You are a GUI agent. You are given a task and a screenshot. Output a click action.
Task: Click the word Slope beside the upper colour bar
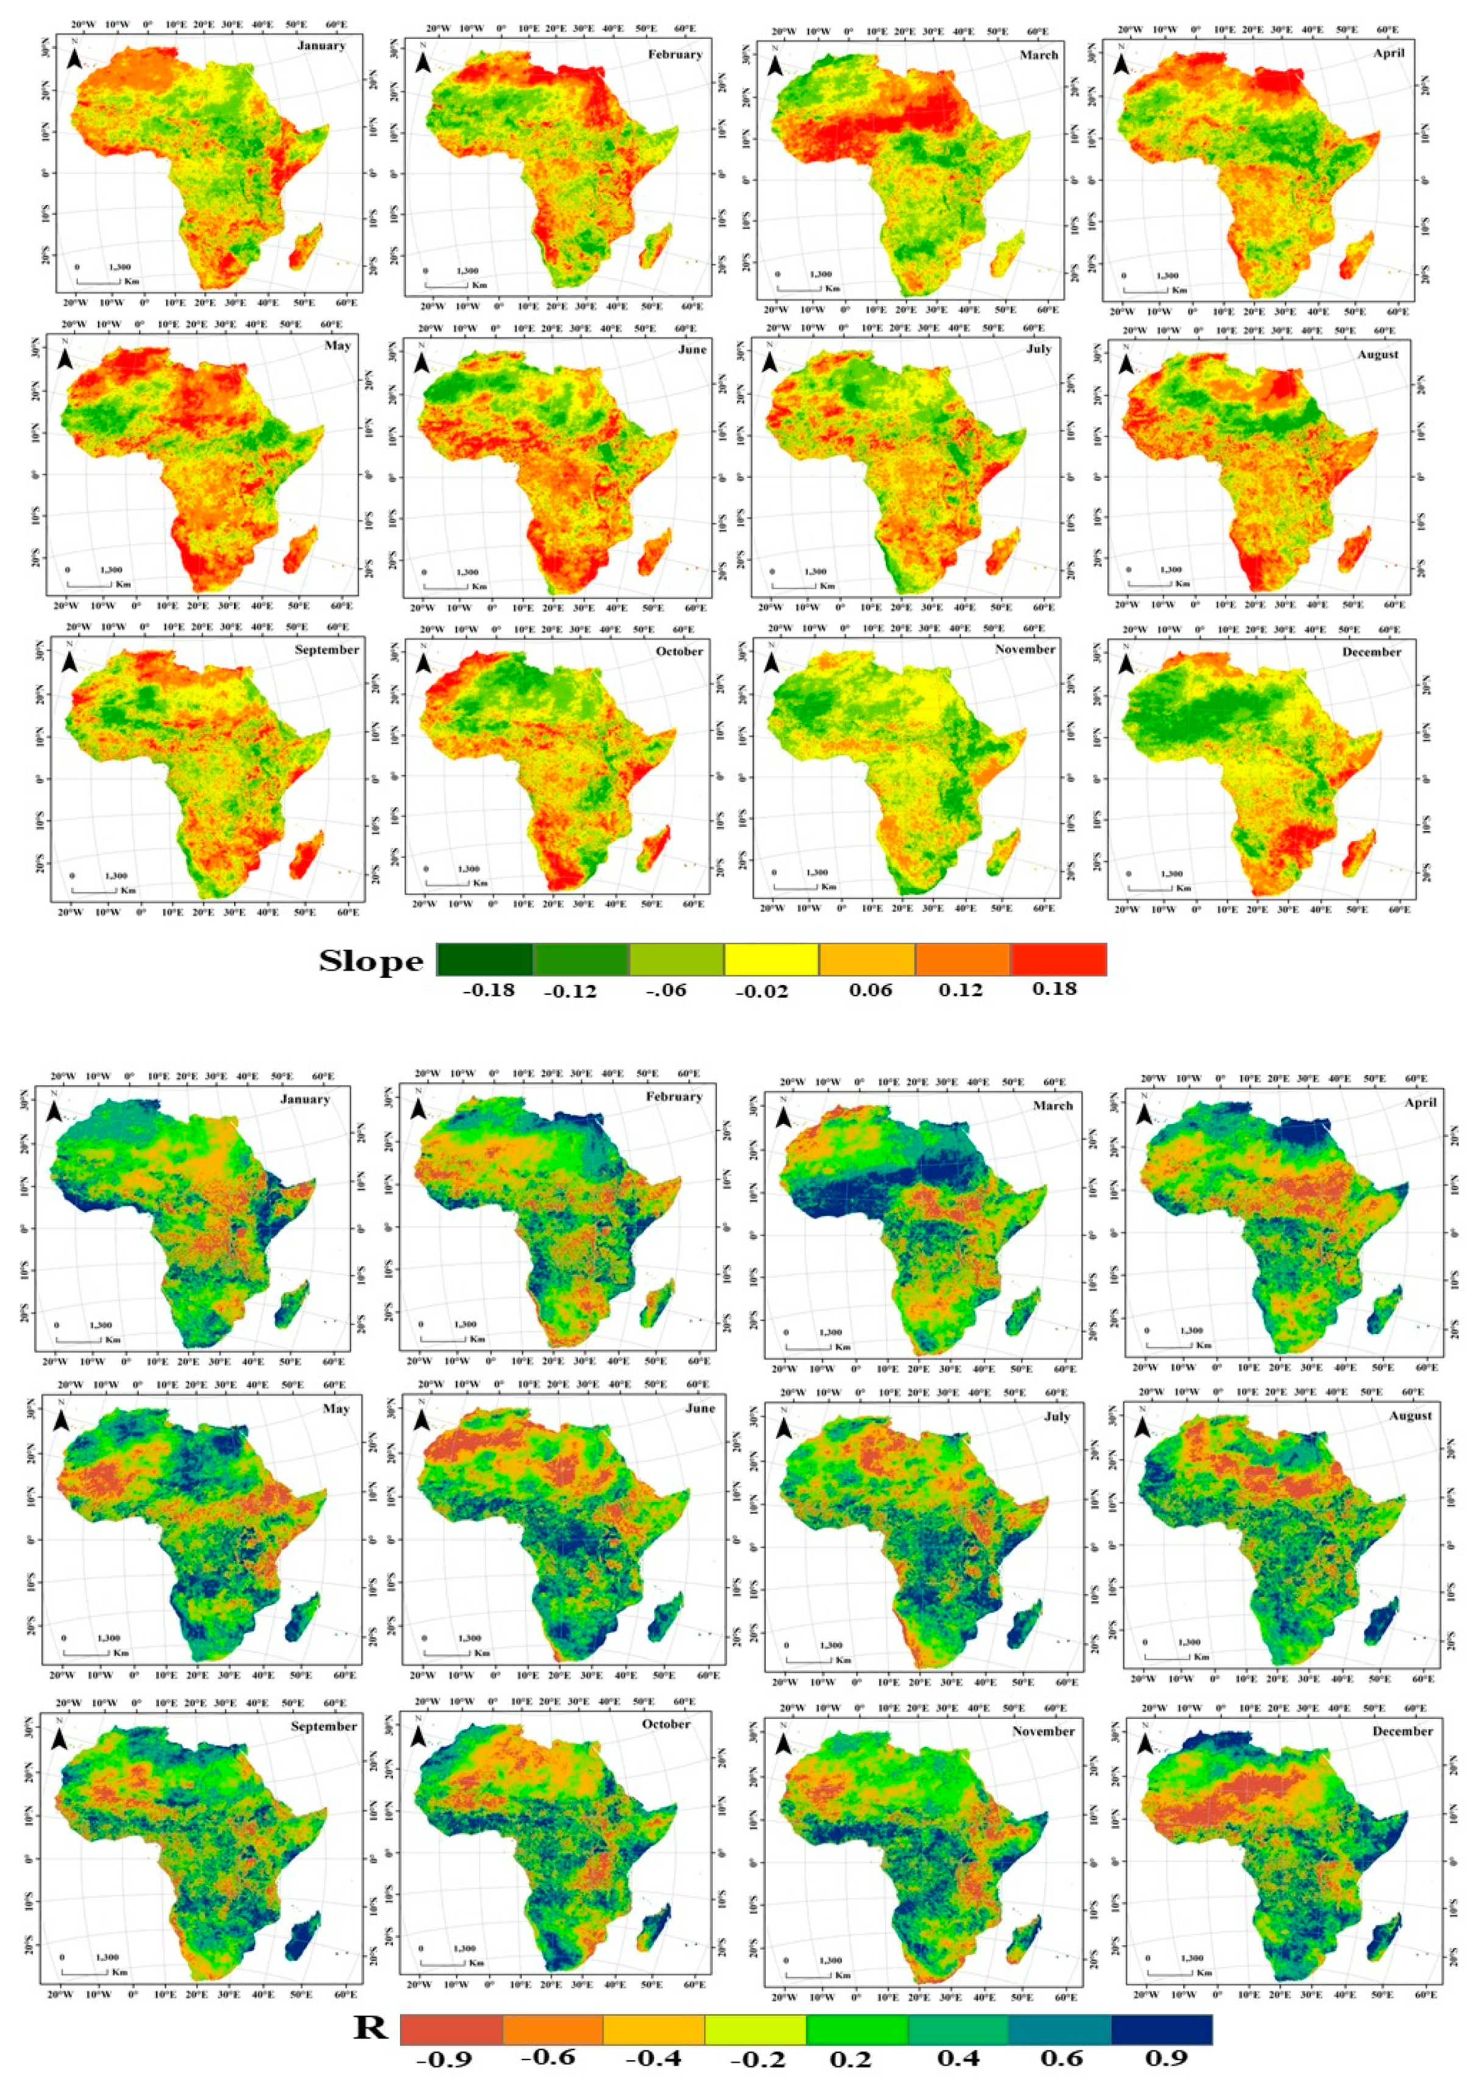click(371, 962)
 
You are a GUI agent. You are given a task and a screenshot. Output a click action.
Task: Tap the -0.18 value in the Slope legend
click(489, 990)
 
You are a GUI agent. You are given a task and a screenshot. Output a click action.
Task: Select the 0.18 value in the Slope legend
click(1055, 988)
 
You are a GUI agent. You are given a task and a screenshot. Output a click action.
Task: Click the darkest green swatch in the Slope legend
click(484, 959)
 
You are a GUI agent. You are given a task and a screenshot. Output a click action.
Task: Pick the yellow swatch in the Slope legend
click(771, 959)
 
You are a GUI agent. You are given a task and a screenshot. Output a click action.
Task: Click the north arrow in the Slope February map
click(423, 63)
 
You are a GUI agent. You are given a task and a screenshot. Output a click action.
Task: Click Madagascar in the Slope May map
click(299, 550)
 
